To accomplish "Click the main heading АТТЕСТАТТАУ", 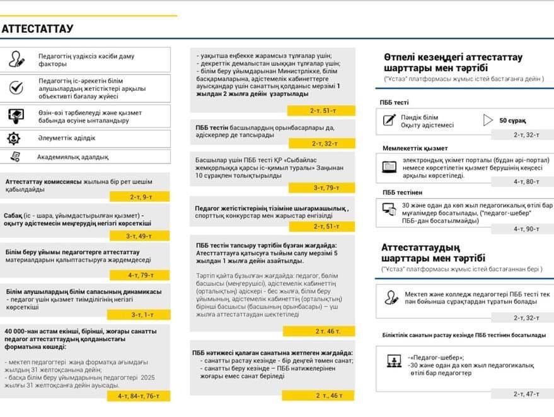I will [x=38, y=29].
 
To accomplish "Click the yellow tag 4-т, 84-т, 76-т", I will [x=139, y=396].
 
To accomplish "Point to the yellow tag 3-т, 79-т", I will [x=325, y=187].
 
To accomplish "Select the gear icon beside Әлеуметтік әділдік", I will [x=14, y=138].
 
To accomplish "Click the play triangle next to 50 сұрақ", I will [x=487, y=120].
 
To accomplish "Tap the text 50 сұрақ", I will [x=512, y=120].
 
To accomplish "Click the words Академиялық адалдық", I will [x=72, y=157].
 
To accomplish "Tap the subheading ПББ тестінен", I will [x=402, y=192].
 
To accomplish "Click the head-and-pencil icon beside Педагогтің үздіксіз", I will [x=17, y=60].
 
